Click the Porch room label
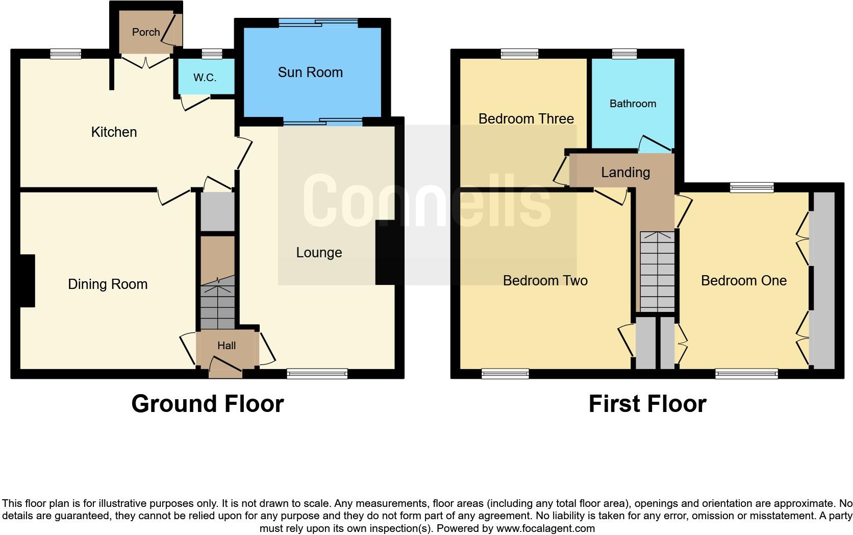point(146,32)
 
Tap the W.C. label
point(205,78)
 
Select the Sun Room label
point(310,72)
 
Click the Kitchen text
point(114,132)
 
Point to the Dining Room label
point(108,284)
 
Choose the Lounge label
point(319,253)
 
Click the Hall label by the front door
point(227,346)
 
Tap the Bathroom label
point(633,104)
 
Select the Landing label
point(625,173)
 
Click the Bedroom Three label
point(526,119)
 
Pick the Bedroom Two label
point(545,281)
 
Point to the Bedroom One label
point(743,281)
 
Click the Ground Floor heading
point(207,404)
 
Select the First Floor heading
point(647,404)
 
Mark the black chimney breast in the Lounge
point(385,252)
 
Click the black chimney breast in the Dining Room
point(27,281)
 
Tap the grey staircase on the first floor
point(657,272)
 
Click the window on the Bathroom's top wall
point(624,54)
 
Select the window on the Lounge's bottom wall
point(317,374)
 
